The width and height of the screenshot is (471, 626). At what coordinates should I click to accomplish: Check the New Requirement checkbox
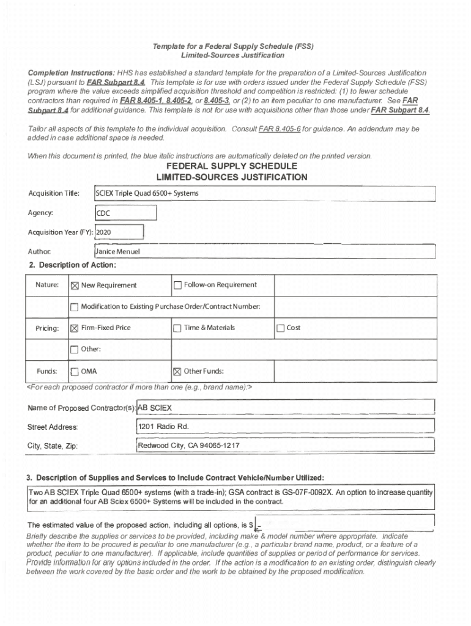75,285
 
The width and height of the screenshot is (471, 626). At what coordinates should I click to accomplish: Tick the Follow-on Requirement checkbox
178,285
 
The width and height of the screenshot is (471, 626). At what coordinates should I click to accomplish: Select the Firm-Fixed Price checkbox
75,328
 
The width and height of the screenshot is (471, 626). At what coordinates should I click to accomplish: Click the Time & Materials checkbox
178,328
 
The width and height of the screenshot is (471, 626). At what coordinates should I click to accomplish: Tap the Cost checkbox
281,328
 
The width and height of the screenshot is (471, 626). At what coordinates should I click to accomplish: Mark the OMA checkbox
75,372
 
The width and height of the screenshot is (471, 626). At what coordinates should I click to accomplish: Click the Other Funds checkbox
178,372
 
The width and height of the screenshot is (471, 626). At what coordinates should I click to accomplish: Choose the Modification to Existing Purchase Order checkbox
75,307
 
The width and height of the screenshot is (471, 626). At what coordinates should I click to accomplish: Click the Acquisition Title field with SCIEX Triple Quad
263,194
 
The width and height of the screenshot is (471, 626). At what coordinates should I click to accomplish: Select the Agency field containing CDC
125,213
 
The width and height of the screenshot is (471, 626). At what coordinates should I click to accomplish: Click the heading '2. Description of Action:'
72,265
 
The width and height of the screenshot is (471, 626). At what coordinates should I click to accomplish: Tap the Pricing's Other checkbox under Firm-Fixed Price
75,350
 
